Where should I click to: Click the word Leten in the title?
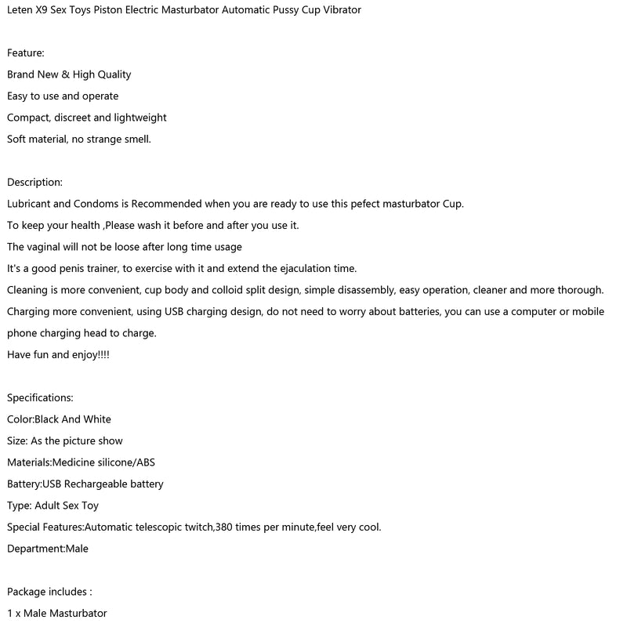[x=21, y=10]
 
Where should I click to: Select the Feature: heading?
[x=26, y=53]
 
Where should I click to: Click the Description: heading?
[x=34, y=183]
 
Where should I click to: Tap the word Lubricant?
[x=33, y=204]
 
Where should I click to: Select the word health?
[x=85, y=226]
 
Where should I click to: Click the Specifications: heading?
[x=40, y=398]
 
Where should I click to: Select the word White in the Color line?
[x=97, y=419]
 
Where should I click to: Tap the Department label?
[x=35, y=549]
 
